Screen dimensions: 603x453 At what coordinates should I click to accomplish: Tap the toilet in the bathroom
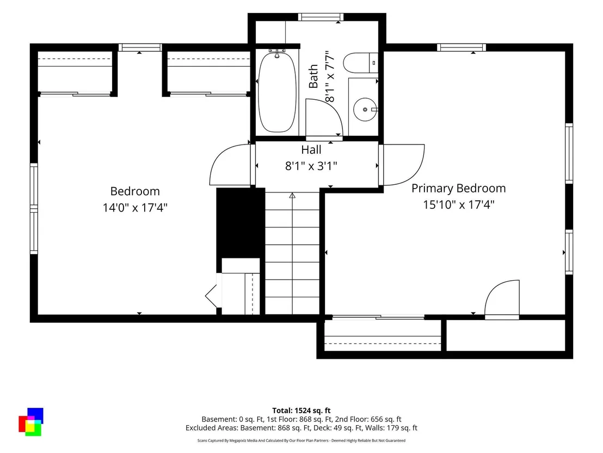coord(360,63)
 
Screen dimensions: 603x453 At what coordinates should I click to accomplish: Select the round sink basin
coord(365,110)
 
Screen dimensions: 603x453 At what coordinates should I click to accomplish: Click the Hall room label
coord(311,149)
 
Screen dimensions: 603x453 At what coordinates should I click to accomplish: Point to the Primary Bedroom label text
coord(458,189)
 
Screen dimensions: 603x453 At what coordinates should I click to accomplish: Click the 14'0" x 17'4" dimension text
coord(135,208)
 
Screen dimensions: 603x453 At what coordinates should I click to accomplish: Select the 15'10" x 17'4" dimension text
coord(458,204)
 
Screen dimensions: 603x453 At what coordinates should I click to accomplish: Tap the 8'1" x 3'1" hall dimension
coord(311,166)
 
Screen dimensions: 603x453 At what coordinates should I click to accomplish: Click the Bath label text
coord(313,76)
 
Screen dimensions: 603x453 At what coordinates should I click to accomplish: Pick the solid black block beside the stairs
coord(241,222)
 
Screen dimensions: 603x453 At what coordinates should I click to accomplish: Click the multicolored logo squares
coord(31,422)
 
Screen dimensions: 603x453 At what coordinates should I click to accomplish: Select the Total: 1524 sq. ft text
coord(301,410)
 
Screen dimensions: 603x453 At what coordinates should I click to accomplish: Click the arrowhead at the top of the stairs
coord(292,196)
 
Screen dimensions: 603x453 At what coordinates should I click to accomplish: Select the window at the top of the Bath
coord(321,17)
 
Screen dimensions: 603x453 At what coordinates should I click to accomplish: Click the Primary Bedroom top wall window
coord(462,47)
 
